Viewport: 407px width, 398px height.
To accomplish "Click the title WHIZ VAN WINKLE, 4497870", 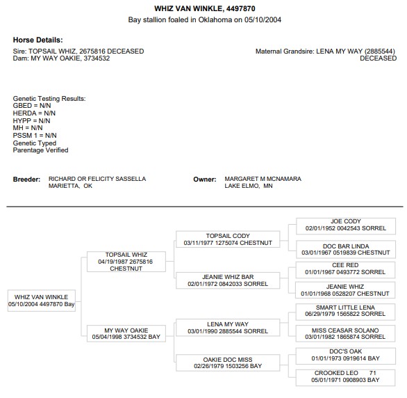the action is (x=204, y=8).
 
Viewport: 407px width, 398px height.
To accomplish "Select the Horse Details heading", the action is (x=38, y=40).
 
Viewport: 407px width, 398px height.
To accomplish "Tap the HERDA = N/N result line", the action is (x=34, y=113).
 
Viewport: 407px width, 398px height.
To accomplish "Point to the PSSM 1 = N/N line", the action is (x=35, y=136).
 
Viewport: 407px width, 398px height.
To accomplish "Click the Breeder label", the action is (x=26, y=180).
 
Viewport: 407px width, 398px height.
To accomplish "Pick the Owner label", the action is (x=204, y=180).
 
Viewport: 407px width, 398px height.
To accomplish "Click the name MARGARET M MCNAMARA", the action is (x=263, y=179).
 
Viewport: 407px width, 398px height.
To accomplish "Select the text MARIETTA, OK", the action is (x=70, y=186).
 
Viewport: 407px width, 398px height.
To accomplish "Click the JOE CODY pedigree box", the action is (x=346, y=226).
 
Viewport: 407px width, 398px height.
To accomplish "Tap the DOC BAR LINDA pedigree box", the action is (x=346, y=249).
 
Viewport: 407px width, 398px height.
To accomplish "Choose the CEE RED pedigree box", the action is (x=345, y=270).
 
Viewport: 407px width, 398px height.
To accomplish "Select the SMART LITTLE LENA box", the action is (x=345, y=312).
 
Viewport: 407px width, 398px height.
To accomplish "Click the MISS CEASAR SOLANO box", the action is (x=345, y=333).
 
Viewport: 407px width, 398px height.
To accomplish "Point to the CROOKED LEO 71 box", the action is (x=345, y=378).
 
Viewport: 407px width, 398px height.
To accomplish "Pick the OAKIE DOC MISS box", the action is (x=228, y=363).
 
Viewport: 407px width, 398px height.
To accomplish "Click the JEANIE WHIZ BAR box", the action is (x=228, y=280).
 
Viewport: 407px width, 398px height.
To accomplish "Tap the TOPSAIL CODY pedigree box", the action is (x=228, y=239).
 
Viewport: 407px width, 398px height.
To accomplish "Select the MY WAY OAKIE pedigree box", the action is (x=126, y=333).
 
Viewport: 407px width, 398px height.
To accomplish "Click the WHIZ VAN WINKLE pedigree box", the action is (x=42, y=301).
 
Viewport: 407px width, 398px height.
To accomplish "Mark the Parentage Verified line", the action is (x=40, y=150).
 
